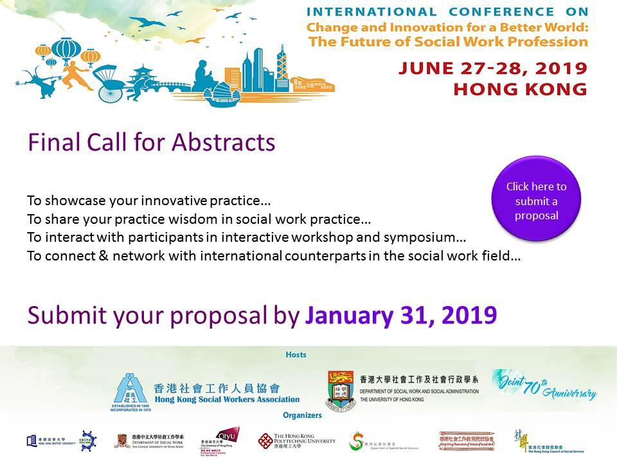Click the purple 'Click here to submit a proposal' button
[x=536, y=199]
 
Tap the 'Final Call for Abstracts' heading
[x=152, y=142]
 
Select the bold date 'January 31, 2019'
[x=400, y=315]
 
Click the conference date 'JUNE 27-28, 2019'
[x=492, y=68]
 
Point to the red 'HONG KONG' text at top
[x=520, y=89]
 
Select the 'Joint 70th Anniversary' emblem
[x=544, y=385]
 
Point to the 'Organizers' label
[x=302, y=415]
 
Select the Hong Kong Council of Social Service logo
[x=540, y=441]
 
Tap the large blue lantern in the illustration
[x=66, y=51]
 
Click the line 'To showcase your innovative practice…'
[x=145, y=200]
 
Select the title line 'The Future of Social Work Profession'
[x=448, y=42]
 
